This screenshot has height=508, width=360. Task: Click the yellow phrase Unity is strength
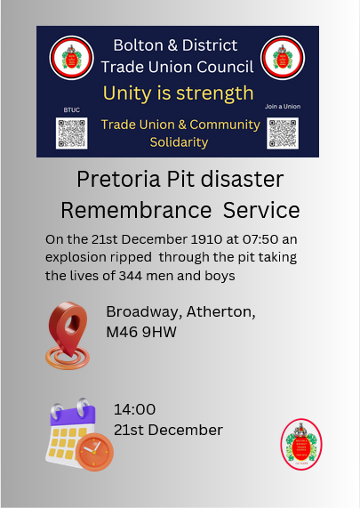coord(178,93)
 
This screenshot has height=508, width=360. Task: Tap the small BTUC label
coord(71,109)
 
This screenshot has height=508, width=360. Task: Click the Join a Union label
coord(284,107)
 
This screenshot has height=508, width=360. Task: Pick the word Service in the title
coord(261,211)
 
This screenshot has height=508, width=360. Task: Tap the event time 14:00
coord(134,410)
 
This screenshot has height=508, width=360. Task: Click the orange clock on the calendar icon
coord(93,452)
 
